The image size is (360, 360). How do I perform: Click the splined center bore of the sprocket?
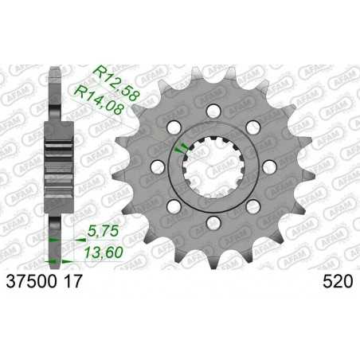click(211, 166)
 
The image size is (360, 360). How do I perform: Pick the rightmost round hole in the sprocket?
click(268, 166)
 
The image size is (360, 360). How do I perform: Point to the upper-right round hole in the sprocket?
click(252, 125)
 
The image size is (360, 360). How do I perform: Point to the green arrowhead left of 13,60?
click(53, 260)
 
